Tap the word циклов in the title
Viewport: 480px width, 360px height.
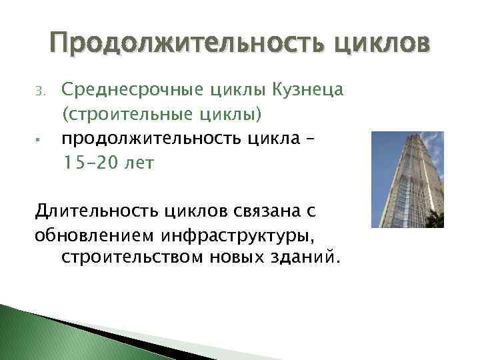(386, 44)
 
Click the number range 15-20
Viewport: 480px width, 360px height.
(91, 163)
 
